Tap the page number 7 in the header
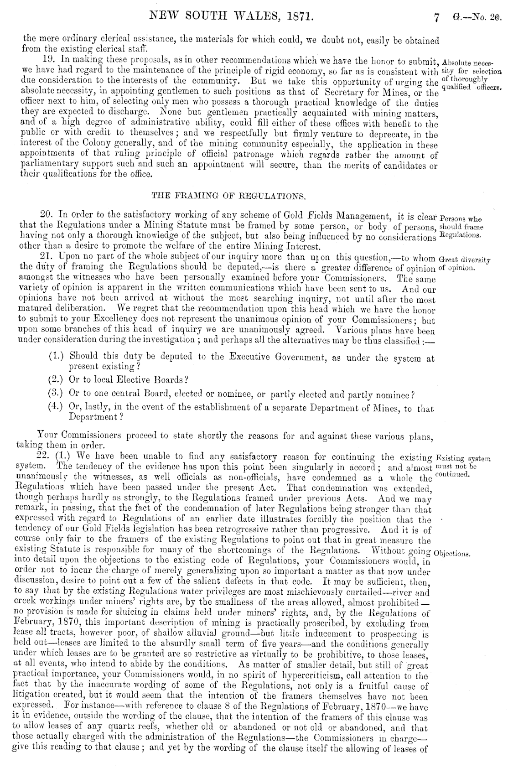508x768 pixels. click(x=436, y=19)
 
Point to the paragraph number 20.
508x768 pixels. click(x=47, y=215)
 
